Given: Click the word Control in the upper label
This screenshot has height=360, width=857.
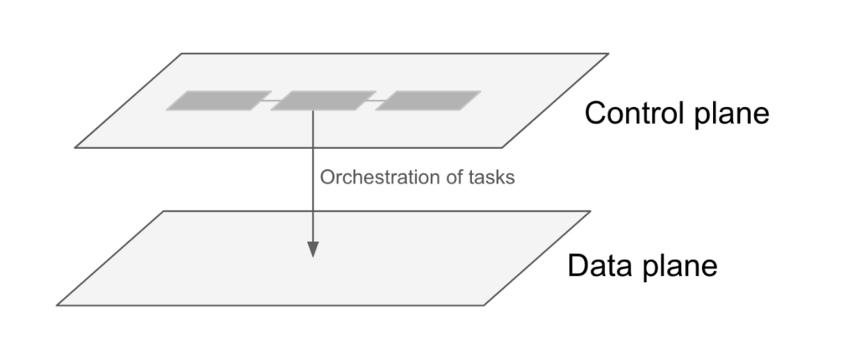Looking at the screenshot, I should tap(628, 112).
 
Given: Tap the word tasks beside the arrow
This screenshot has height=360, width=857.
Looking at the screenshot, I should tap(490, 177).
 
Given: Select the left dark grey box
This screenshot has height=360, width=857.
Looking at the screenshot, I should tap(218, 100).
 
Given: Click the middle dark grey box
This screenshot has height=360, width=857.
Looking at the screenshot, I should tap(322, 100).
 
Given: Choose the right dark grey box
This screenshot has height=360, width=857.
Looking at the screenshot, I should tap(428, 100).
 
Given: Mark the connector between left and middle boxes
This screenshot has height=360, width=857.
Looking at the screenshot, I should tap(270, 100).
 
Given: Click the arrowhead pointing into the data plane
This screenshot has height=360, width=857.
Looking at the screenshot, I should tap(313, 249).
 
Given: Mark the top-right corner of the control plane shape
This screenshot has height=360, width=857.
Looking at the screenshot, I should tap(608, 54).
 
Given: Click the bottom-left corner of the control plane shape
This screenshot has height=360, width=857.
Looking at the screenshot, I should tap(75, 148).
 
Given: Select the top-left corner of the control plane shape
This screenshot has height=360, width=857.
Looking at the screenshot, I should tap(182, 54).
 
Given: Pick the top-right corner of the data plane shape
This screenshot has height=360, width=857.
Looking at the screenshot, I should tap(591, 211).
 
